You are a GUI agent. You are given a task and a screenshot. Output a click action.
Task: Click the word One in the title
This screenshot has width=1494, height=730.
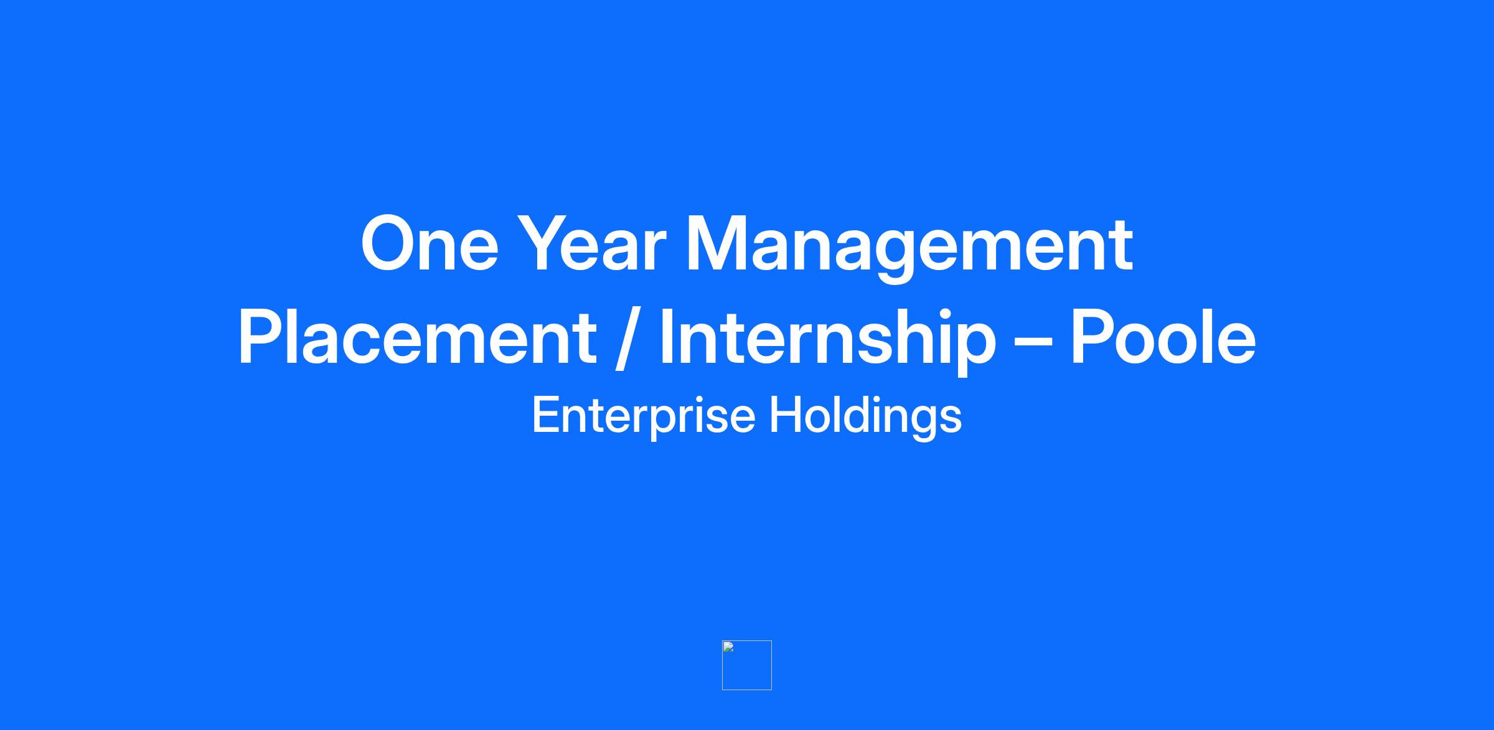(x=430, y=243)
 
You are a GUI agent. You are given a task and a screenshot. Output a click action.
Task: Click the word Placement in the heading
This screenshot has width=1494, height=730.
(x=417, y=337)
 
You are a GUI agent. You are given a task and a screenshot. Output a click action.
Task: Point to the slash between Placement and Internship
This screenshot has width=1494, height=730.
(x=627, y=339)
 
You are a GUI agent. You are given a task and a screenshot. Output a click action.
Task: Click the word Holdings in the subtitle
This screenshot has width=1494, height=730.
(x=866, y=416)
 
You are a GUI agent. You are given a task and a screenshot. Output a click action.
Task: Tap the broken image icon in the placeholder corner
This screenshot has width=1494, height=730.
(x=728, y=647)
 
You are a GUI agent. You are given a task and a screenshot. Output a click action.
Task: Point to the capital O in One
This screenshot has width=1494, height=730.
(x=390, y=243)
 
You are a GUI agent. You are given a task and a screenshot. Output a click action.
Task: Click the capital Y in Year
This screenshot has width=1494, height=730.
(x=544, y=243)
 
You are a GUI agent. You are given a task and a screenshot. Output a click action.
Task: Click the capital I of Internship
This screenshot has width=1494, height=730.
(x=666, y=336)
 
